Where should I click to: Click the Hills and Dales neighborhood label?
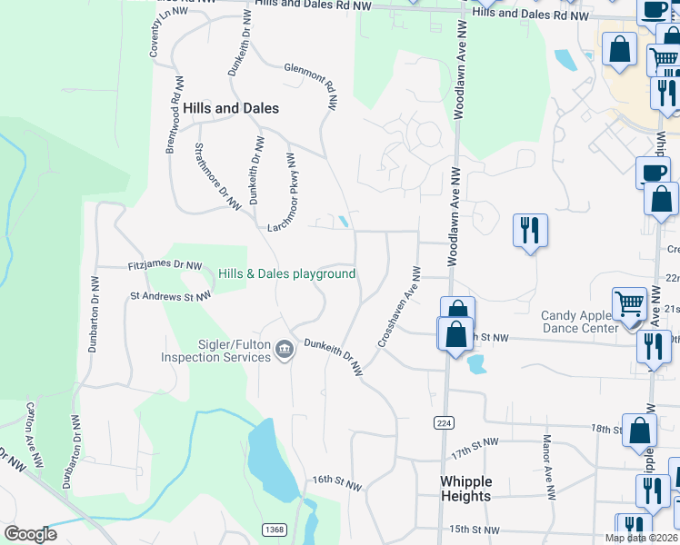pyautogui.click(x=231, y=108)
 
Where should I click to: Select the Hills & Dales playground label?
pyautogui.click(x=286, y=274)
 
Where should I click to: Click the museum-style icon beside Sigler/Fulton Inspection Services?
pyautogui.click(x=285, y=349)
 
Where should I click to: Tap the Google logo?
pyautogui.click(x=30, y=534)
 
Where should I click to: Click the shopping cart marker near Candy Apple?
pyautogui.click(x=628, y=304)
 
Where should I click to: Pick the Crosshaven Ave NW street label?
pyautogui.click(x=397, y=306)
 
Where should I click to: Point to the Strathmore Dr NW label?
pyautogui.click(x=215, y=174)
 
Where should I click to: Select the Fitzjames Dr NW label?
pyautogui.click(x=165, y=266)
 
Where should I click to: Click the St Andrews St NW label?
pyautogui.click(x=171, y=295)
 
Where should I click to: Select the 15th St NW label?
pyautogui.click(x=475, y=530)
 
